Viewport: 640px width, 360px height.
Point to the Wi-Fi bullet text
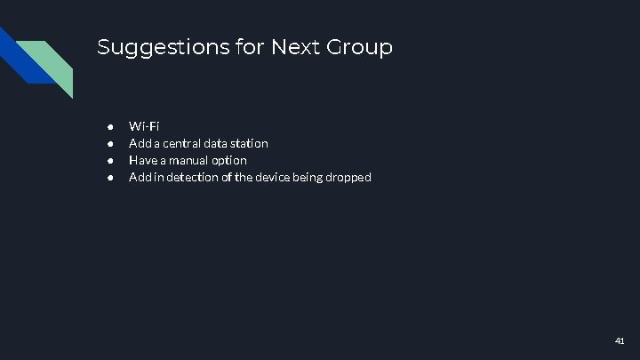(x=144, y=125)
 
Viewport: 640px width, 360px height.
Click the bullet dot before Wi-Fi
(x=109, y=125)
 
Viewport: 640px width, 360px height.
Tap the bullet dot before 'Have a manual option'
(x=109, y=160)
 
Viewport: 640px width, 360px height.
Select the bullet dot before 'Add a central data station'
(x=109, y=143)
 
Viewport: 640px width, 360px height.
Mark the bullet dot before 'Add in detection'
(x=109, y=178)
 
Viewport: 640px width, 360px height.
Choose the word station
(x=249, y=143)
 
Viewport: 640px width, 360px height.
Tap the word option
(x=231, y=161)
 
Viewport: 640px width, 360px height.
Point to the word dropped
(x=349, y=178)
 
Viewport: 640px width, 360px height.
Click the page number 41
(x=620, y=341)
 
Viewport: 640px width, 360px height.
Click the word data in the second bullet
(x=217, y=143)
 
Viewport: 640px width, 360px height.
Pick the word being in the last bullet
(x=305, y=178)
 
